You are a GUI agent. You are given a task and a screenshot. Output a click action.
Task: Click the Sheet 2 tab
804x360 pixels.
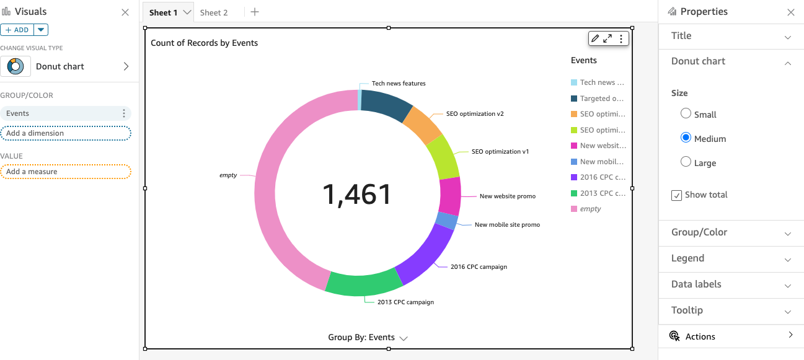coord(214,12)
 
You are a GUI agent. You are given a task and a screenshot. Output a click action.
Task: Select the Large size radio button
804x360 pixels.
coord(686,162)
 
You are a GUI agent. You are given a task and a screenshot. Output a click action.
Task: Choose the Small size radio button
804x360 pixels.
coord(686,113)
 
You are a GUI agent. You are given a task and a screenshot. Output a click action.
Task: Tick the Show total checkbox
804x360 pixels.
coord(676,195)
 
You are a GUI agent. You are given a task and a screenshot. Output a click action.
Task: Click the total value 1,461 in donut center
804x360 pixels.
coord(357,195)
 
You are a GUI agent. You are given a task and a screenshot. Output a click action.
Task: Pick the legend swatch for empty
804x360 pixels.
coord(574,209)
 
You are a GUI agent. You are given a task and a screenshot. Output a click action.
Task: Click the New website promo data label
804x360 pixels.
coord(507,196)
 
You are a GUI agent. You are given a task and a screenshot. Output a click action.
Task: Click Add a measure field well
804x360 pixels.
coord(65,172)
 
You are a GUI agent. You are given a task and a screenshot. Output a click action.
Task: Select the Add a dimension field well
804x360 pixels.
coord(65,133)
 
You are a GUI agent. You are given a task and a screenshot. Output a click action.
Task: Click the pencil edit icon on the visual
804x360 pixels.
coord(595,38)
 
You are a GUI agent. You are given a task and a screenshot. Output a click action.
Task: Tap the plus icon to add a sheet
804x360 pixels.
coord(255,12)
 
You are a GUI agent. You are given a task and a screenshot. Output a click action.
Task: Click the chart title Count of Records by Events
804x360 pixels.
coord(204,43)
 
